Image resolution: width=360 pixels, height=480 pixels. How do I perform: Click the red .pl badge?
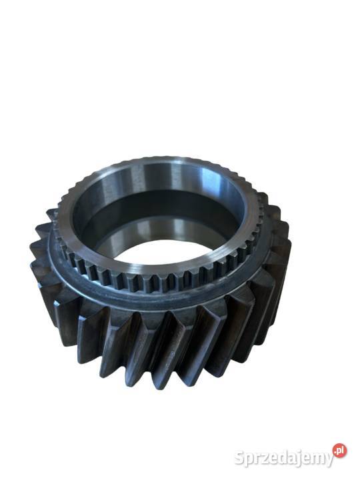pyautogui.click(x=339, y=450)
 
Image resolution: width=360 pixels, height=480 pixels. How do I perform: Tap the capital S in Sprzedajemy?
pyautogui.click(x=240, y=458)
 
